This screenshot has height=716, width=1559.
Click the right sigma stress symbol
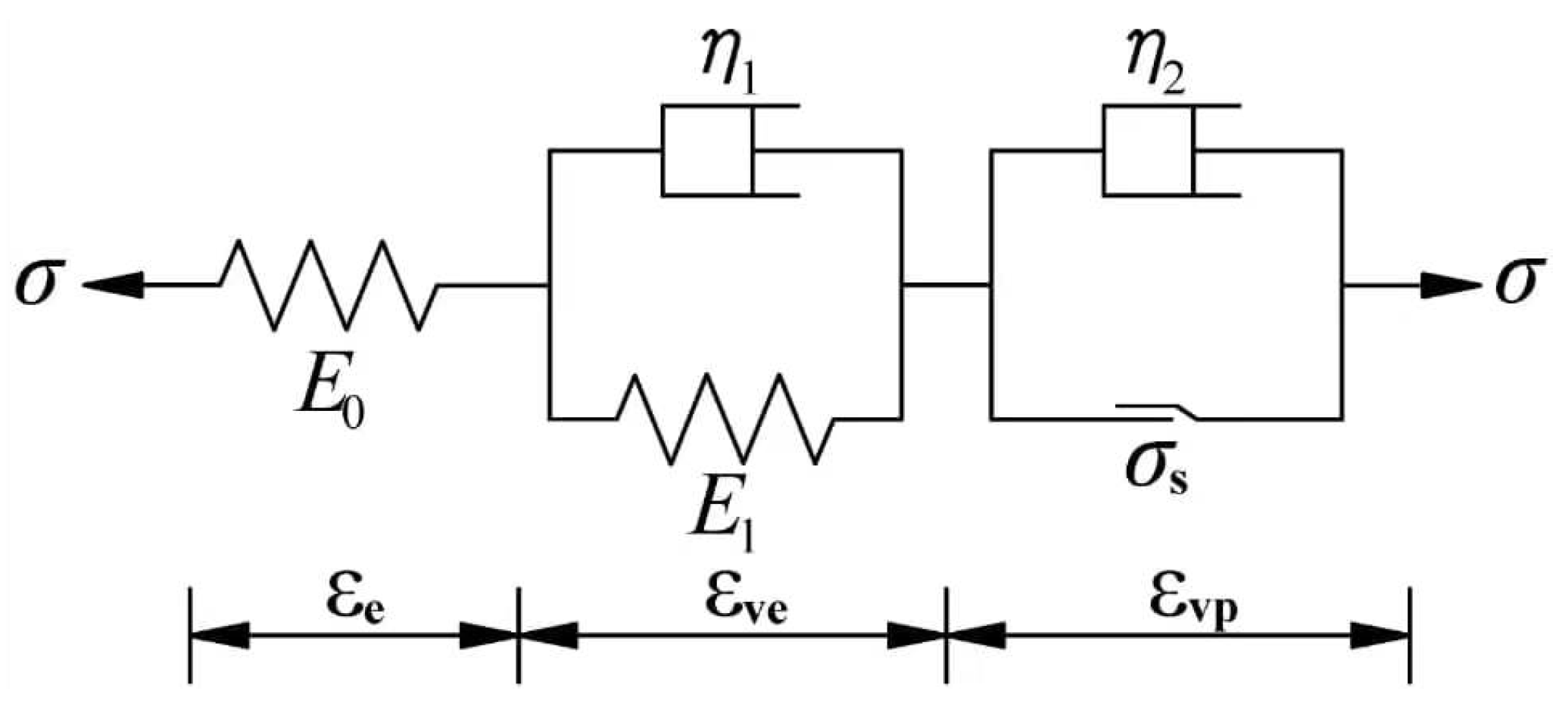(1519, 285)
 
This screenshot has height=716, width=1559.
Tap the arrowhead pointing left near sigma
(114, 285)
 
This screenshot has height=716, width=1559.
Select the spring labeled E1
(725, 419)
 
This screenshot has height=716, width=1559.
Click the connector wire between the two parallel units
(946, 285)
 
